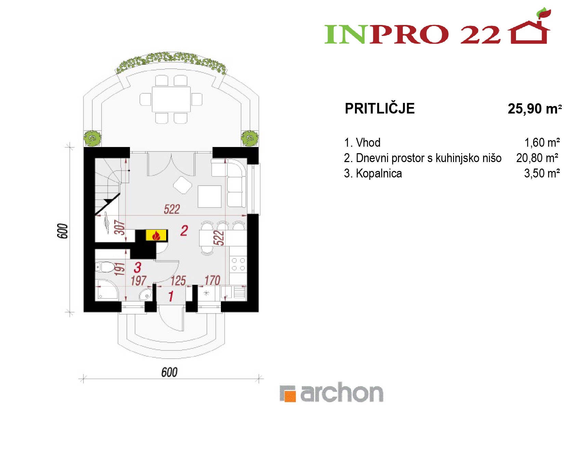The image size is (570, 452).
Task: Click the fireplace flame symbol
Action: [x=156, y=235]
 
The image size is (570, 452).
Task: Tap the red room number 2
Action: [x=184, y=231]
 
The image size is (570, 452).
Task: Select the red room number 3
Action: [x=137, y=267]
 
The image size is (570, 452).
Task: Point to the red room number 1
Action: [x=171, y=296]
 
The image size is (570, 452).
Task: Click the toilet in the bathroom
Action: [x=105, y=267]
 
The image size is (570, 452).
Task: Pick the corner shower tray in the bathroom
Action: [x=107, y=290]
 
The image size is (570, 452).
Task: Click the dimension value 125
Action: [x=178, y=281]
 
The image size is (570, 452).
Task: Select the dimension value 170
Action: [x=212, y=280]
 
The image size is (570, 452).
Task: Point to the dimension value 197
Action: [x=138, y=281]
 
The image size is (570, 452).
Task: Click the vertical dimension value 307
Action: [x=119, y=227]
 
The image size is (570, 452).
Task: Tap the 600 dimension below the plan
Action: [x=169, y=372]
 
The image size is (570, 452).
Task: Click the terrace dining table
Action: [x=171, y=99]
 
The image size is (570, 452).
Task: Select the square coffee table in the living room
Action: [x=209, y=196]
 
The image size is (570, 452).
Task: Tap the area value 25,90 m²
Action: [x=535, y=109]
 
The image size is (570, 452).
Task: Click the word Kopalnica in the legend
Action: [x=379, y=173]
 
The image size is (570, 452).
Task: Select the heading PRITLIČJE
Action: [x=380, y=108]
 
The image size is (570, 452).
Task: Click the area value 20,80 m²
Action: [x=537, y=158]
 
